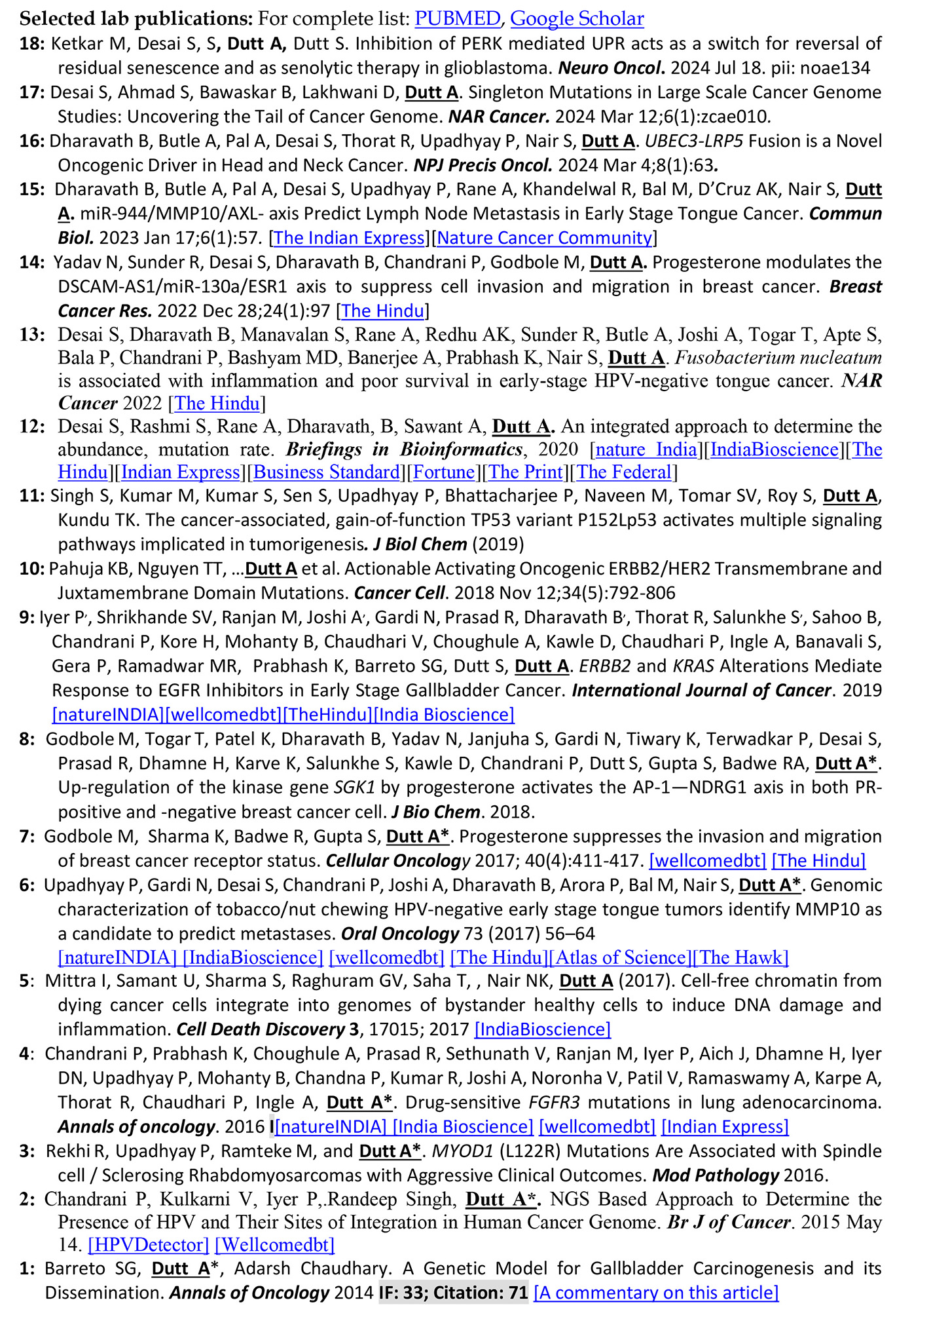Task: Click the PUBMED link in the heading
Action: (x=457, y=18)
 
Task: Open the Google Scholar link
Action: (x=577, y=18)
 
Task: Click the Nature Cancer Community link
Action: (x=545, y=238)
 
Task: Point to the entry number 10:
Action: (x=32, y=569)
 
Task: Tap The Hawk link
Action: (x=741, y=957)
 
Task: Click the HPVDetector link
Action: (x=149, y=1244)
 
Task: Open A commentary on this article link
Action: (x=656, y=1293)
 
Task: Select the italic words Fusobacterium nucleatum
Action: (x=778, y=358)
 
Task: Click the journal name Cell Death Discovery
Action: (x=261, y=1029)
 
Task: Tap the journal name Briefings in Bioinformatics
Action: (x=404, y=449)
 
